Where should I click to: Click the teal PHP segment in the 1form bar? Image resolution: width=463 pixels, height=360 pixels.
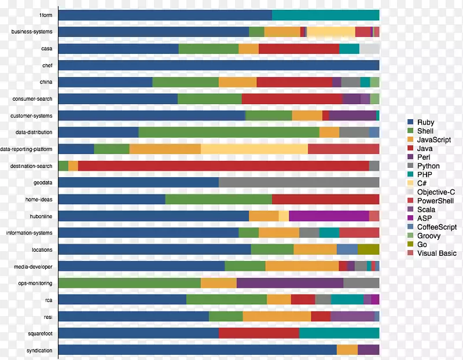325,15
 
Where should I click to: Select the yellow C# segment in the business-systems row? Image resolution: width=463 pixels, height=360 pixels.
330,32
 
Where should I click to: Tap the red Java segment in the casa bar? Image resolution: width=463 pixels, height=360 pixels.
299,49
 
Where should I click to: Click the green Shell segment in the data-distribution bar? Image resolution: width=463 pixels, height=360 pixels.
229,133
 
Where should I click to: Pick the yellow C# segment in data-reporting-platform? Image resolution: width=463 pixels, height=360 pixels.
254,149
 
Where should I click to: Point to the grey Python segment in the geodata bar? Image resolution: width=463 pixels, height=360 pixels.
299,183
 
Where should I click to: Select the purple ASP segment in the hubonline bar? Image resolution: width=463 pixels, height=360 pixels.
329,216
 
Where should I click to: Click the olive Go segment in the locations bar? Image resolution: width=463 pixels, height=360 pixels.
368,249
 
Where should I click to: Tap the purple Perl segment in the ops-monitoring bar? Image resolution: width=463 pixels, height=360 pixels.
289,283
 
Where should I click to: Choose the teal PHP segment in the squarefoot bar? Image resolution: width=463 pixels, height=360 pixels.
339,333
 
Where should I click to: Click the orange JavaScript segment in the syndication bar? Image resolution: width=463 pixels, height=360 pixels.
347,350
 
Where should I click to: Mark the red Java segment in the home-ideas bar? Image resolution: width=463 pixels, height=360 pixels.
325,200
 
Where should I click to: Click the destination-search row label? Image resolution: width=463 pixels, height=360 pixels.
31,166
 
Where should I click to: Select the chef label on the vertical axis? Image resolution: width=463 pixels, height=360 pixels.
47,65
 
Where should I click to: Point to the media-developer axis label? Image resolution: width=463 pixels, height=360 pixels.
34,267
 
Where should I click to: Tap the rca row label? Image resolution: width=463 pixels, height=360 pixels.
48,300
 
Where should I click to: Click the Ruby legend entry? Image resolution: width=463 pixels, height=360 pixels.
425,123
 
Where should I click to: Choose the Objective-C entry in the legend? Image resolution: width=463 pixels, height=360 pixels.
436,192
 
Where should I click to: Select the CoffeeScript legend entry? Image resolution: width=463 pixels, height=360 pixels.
437,227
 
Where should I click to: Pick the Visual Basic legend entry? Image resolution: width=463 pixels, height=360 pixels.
436,254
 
